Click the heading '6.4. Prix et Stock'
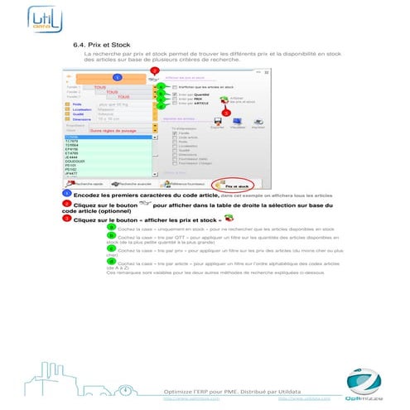pos(103,42)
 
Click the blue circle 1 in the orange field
pos(117,77)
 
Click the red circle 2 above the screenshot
pos(155,71)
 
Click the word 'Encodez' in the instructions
pos(87,194)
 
